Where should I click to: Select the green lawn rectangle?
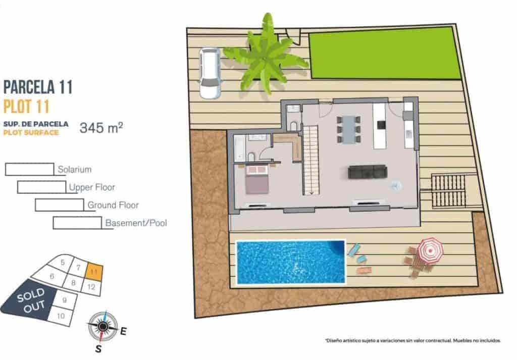(x=384, y=53)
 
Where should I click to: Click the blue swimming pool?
(x=290, y=262)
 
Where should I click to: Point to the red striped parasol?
(x=430, y=250)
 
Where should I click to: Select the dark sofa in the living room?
(x=367, y=172)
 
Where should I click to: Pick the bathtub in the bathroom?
(x=239, y=147)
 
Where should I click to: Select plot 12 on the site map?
(x=91, y=287)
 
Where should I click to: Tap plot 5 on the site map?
(x=63, y=263)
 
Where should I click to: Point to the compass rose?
(x=102, y=326)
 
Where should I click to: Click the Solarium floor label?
(x=74, y=170)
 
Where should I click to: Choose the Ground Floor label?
(x=113, y=205)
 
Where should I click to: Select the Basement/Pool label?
(x=136, y=223)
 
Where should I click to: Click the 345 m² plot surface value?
(x=101, y=128)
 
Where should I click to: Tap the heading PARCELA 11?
(x=38, y=87)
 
